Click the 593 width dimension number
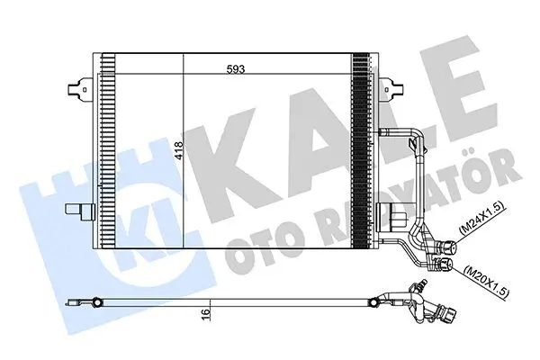click(236, 69)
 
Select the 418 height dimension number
click(179, 150)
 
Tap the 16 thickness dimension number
click(205, 314)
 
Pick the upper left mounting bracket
click(80, 89)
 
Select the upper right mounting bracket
click(391, 89)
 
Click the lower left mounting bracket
click(80, 211)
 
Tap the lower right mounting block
click(391, 217)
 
